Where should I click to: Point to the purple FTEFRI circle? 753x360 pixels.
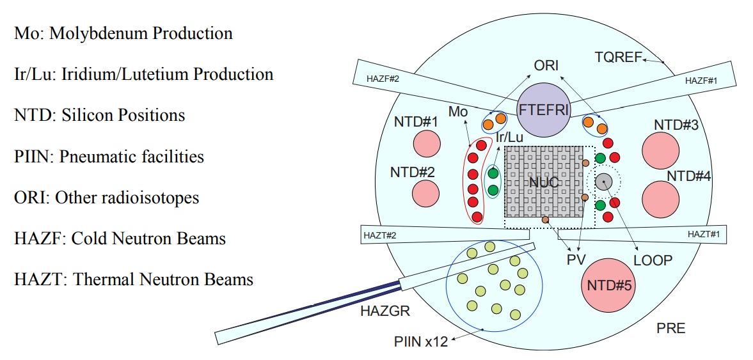(543, 109)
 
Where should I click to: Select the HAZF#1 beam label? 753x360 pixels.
(701, 82)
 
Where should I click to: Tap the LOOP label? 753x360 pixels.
(653, 260)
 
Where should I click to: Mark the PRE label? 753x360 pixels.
(671, 329)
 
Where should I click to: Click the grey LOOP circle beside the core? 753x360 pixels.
(603, 182)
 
